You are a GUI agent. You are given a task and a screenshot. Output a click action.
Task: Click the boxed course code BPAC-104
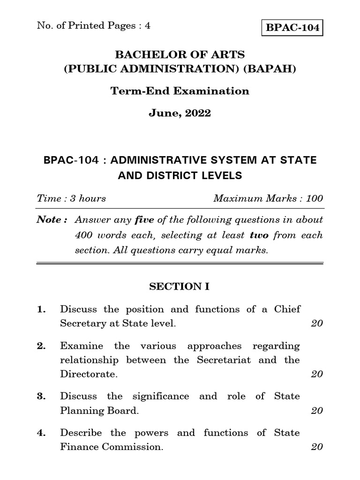tap(292, 28)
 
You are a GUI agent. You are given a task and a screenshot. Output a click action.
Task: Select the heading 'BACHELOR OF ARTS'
tap(180, 55)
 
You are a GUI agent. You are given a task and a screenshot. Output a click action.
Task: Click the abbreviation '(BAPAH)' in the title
tap(274, 69)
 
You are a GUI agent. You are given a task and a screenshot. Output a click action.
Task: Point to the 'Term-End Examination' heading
tap(180, 91)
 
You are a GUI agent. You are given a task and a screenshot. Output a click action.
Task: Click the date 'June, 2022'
tap(180, 113)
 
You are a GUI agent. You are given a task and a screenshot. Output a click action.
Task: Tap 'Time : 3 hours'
tap(71, 198)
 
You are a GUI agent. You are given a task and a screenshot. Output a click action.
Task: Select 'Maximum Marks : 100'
tap(268, 198)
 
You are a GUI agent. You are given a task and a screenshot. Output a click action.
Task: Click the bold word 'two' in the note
tap(259, 235)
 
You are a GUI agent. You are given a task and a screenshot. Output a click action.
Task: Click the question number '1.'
tap(42, 309)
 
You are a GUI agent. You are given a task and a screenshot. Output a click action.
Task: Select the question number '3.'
tap(42, 397)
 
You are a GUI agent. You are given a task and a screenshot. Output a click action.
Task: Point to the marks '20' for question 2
tap(317, 374)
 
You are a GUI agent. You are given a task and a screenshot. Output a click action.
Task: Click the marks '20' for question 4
tap(317, 447)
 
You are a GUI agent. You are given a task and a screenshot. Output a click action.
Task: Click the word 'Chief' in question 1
tap(287, 309)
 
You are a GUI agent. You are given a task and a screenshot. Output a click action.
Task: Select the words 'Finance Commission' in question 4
tap(112, 447)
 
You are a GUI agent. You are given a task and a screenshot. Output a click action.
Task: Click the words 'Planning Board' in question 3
tap(99, 411)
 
